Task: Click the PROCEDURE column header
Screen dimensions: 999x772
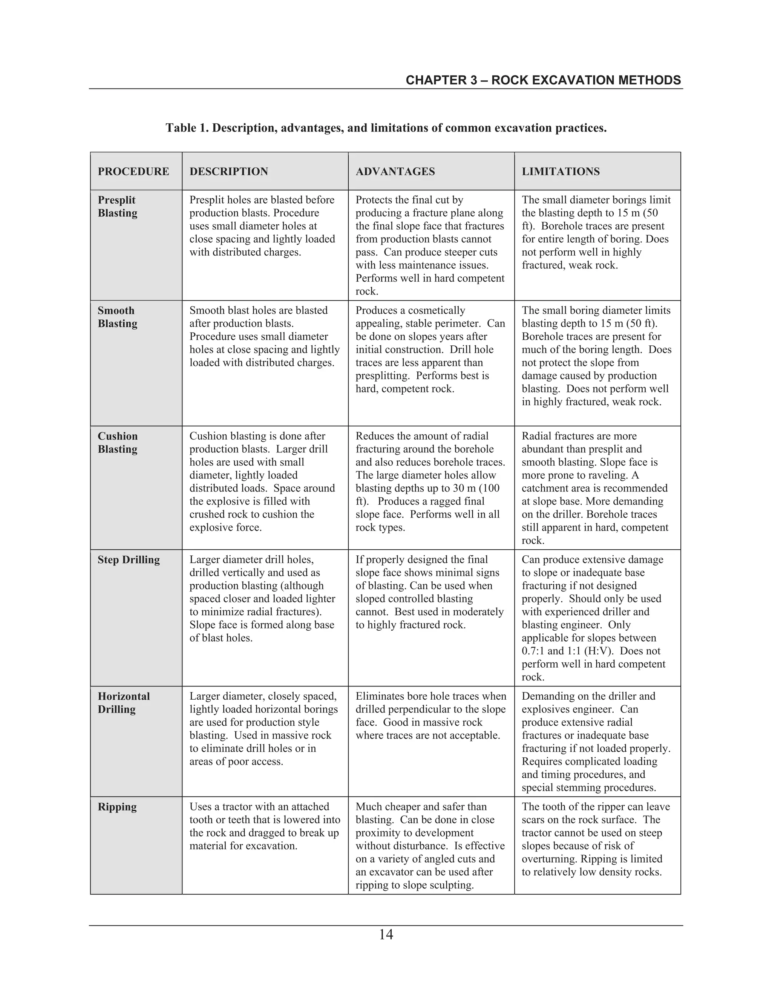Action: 133,172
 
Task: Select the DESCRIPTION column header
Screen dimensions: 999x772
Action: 229,172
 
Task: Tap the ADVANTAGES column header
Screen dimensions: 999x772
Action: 395,172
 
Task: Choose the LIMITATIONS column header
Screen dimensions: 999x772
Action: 561,172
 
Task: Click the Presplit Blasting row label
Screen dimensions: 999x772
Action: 117,207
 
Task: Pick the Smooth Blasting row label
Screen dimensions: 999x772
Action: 117,317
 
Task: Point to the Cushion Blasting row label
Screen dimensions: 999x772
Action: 118,442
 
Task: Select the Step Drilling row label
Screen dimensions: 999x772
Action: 129,560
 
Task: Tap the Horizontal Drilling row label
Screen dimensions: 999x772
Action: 124,703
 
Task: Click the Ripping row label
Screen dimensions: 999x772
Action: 117,806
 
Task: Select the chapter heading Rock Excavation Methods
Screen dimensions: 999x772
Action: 543,81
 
